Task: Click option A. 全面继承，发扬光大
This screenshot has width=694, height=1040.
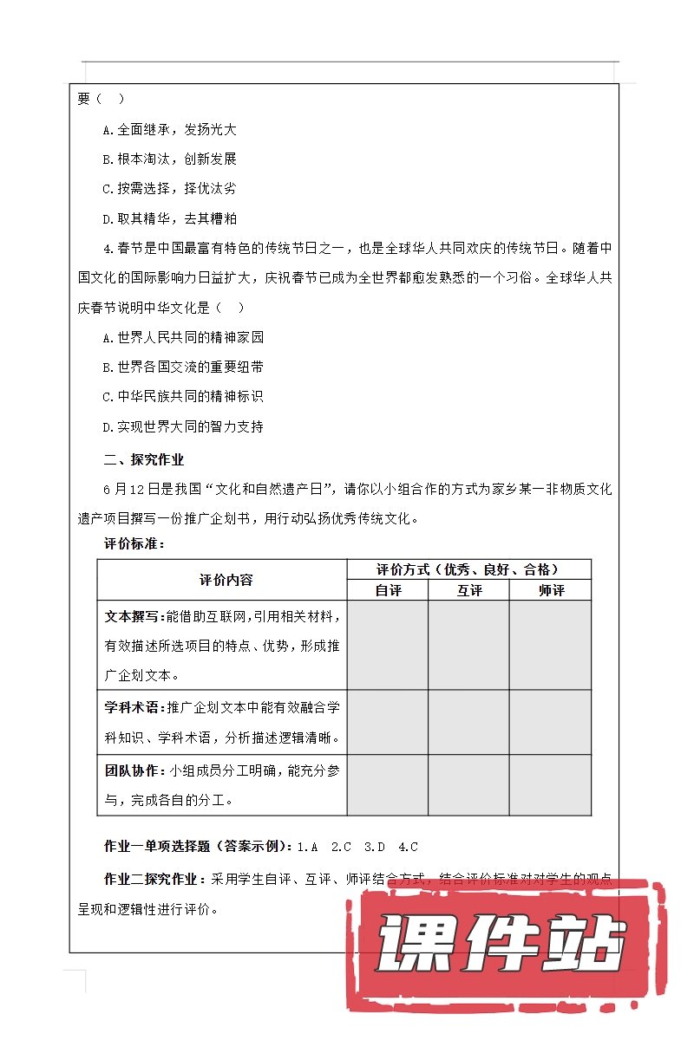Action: point(169,130)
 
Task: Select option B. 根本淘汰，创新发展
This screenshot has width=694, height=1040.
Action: point(169,159)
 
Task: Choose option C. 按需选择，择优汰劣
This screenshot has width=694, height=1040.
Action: point(169,189)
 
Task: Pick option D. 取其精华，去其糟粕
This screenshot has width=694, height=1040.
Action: point(169,218)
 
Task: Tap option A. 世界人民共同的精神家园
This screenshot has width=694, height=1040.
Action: point(182,337)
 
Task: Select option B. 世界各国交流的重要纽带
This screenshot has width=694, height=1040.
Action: point(182,367)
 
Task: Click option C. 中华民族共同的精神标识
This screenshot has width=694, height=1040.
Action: point(182,396)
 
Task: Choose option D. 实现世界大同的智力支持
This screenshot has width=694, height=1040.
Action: point(182,426)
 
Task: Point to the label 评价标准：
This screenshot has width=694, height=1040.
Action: point(134,543)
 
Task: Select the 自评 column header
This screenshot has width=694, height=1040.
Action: point(388,590)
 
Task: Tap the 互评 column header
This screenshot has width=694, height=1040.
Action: point(468,590)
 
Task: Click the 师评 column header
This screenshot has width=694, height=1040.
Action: point(550,590)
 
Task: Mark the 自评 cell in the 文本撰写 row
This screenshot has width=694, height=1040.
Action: point(388,645)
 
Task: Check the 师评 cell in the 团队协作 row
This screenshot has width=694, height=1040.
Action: point(550,785)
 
